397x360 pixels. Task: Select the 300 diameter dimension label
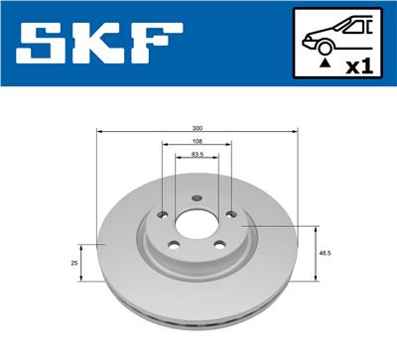coord(197,127)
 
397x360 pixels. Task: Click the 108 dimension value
coord(197,142)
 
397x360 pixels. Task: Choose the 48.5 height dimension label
coord(325,253)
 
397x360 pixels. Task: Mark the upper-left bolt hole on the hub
coord(162,213)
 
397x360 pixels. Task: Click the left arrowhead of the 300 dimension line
coord(100,133)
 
